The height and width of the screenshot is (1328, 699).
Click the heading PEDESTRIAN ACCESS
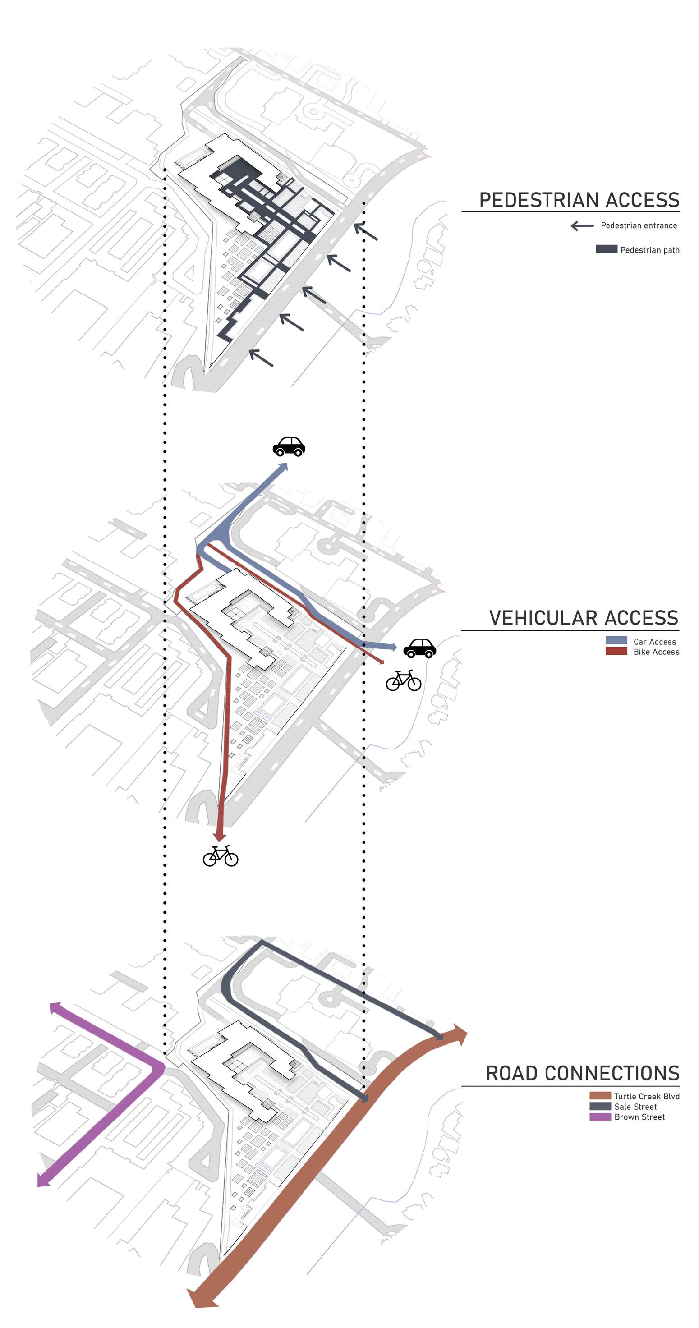[x=579, y=200]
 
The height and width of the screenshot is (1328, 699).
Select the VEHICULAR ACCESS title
[x=583, y=618]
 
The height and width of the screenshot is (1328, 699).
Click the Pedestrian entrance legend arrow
[x=582, y=225]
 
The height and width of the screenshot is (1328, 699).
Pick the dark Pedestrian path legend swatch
[x=606, y=249]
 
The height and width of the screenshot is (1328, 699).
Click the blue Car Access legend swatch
[x=616, y=640]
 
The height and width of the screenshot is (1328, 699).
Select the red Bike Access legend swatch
[x=616, y=651]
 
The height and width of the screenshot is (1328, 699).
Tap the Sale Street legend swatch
[x=600, y=1106]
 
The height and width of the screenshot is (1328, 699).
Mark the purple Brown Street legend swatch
[x=600, y=1117]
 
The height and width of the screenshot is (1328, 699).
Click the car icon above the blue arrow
[x=289, y=446]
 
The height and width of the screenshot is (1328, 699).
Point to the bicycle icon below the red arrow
[x=221, y=856]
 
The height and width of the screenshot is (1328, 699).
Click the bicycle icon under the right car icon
[x=404, y=680]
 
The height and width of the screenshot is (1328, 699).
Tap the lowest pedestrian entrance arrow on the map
[x=261, y=357]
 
